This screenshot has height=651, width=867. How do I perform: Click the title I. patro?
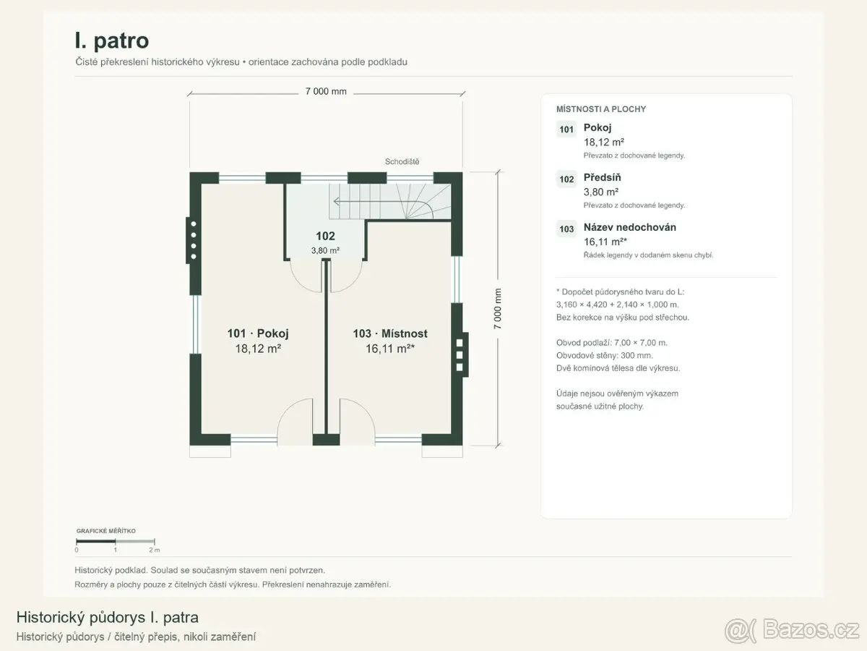pos(112,41)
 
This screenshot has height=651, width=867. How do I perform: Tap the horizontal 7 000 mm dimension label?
pos(326,91)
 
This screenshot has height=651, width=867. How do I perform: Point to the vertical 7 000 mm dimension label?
pos(497,309)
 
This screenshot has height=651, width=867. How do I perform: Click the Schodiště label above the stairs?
pos(402,161)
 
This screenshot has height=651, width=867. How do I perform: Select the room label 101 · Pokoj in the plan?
pos(258,333)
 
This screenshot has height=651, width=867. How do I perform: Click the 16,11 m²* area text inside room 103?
pos(390,348)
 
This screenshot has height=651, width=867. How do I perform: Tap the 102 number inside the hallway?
pos(325,236)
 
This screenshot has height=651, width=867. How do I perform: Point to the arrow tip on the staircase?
pos(335,202)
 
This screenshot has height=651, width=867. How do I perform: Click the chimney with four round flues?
pos(193,240)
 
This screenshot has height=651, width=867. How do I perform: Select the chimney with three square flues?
pos(460,354)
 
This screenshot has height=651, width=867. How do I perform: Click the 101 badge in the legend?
pos(566,129)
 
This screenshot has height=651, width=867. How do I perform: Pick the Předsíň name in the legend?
pos(602,177)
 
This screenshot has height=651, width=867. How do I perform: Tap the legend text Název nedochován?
pos(630,227)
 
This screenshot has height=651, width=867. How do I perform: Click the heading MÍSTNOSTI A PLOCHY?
pos(601,109)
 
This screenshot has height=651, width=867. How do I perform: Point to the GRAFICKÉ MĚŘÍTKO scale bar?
pos(115,541)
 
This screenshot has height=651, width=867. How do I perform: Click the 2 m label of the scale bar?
pos(155,550)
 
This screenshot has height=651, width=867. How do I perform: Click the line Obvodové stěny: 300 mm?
pos(604,355)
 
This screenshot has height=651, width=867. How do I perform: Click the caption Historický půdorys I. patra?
pos(108,617)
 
